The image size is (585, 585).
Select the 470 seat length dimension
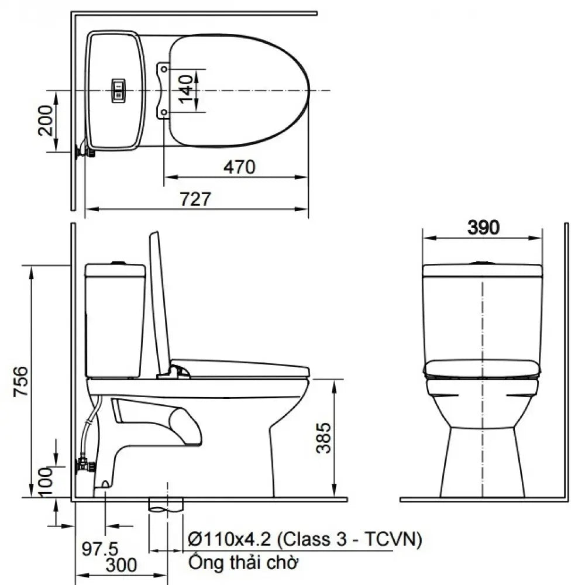click(x=239, y=167)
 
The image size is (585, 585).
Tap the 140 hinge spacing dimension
click(x=186, y=90)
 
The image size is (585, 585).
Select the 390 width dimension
click(x=483, y=228)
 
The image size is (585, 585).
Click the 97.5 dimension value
click(x=99, y=549)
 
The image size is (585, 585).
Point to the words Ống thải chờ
click(x=243, y=563)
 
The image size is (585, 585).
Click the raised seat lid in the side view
click(x=159, y=304)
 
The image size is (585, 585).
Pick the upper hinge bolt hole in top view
click(x=164, y=68)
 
